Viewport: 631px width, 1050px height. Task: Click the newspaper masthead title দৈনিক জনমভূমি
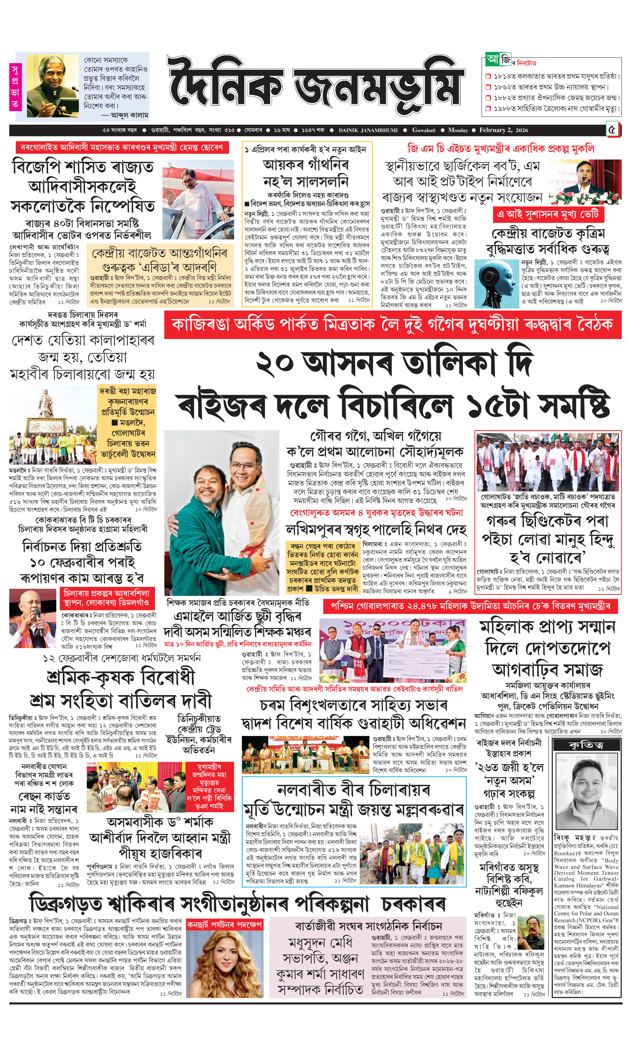315,85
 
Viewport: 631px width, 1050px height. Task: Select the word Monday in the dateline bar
458,130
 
